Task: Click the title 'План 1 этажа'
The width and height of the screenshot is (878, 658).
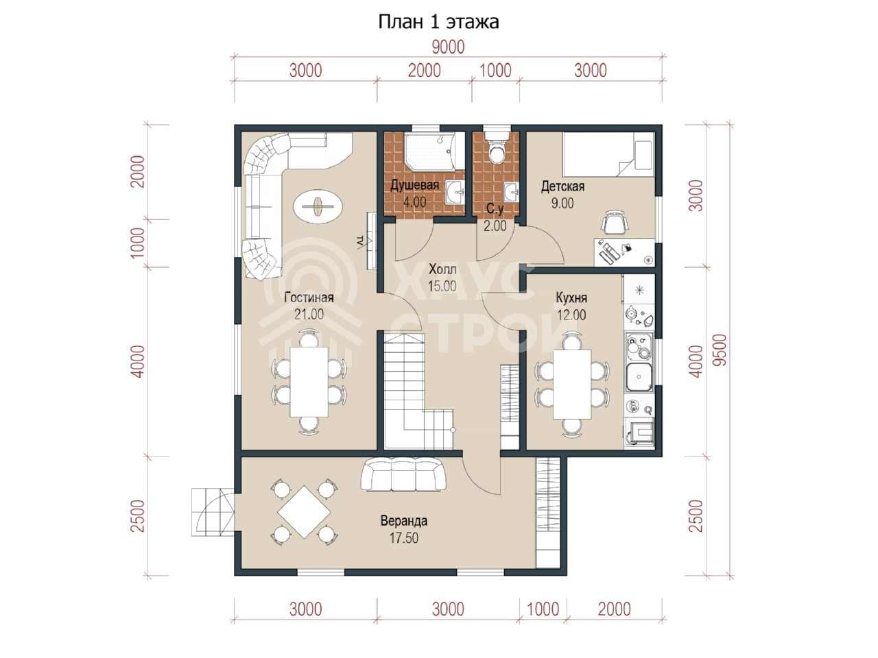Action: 438,23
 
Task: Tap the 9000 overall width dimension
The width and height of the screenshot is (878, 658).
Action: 449,47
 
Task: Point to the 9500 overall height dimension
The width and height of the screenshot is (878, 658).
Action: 720,350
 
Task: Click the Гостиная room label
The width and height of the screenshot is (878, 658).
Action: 309,297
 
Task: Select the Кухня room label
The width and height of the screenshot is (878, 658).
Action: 571,298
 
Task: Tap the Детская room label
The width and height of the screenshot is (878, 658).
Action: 562,186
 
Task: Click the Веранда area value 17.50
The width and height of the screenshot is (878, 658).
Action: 404,538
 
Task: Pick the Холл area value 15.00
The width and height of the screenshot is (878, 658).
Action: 442,286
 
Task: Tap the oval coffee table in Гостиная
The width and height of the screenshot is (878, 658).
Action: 318,207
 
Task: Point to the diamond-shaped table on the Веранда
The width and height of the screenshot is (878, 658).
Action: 304,512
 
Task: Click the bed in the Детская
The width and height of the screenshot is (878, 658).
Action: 608,154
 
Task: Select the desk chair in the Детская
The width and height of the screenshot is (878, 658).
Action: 615,221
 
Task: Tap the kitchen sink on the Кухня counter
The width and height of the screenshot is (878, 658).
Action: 639,377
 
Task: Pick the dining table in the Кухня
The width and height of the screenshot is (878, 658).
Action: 572,385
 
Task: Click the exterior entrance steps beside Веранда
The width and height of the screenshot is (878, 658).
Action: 213,512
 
